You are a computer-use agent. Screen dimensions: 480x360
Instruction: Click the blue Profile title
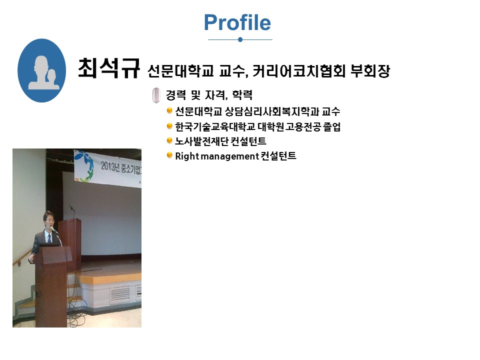[x=237, y=22]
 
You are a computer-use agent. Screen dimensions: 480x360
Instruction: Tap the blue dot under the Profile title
[x=240, y=39]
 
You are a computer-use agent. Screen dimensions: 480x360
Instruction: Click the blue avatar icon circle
[x=41, y=70]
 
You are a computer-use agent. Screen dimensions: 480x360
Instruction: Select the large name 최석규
[x=108, y=68]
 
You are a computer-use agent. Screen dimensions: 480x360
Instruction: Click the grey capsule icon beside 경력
[x=156, y=95]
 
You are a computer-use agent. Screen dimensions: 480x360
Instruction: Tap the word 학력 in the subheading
[x=242, y=95]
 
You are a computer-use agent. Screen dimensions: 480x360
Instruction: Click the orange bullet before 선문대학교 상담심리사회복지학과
[x=169, y=110]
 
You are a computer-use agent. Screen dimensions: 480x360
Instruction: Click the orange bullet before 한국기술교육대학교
[x=169, y=125]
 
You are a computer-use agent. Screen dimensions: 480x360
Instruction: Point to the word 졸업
[x=331, y=126]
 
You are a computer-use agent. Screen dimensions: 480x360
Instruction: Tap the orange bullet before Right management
[x=169, y=155]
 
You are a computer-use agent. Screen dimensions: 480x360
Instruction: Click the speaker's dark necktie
[x=49, y=238]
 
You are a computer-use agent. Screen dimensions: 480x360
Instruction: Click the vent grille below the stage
[x=119, y=293]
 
